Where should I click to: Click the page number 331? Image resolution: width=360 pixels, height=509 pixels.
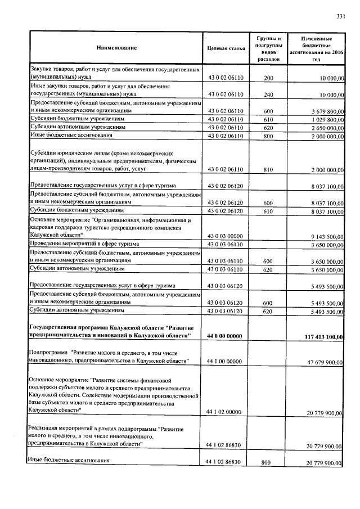coord(340,16)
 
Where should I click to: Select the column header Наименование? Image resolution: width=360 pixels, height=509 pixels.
coord(116,48)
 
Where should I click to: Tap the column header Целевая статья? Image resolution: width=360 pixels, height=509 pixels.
coord(226,49)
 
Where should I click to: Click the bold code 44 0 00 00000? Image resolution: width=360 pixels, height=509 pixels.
coord(224,336)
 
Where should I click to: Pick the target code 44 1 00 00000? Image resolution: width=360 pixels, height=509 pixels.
coord(225,362)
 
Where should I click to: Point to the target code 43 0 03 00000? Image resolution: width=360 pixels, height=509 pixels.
coord(225,237)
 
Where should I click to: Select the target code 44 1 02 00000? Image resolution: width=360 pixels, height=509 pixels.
coord(225,413)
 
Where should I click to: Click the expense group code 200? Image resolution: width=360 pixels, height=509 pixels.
coord(268,78)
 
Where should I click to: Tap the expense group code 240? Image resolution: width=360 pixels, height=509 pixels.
coord(268,94)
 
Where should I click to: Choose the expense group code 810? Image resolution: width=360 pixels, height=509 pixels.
coord(268,169)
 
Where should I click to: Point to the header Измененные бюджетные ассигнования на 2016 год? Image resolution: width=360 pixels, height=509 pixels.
coord(316,48)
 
